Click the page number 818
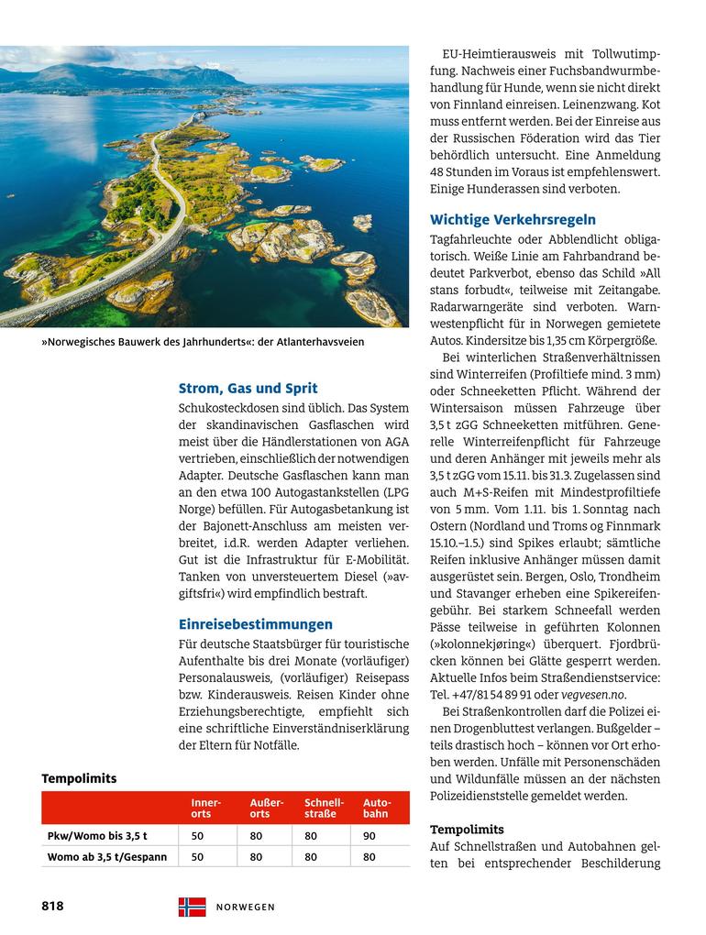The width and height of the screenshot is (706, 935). pyautogui.click(x=52, y=906)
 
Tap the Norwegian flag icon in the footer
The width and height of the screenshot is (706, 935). pyautogui.click(x=192, y=907)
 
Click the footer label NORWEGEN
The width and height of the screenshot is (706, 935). pyautogui.click(x=246, y=907)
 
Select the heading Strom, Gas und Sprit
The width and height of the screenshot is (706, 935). pyautogui.click(x=248, y=388)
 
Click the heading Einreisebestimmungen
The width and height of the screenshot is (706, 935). pyautogui.click(x=255, y=624)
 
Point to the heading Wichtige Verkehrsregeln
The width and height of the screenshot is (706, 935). pyautogui.click(x=513, y=219)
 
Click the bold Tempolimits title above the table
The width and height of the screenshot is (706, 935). pyautogui.click(x=79, y=778)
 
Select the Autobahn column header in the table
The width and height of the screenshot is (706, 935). pyautogui.click(x=377, y=808)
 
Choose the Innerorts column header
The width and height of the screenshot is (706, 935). pyautogui.click(x=206, y=808)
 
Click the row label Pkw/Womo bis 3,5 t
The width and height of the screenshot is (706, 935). pyautogui.click(x=97, y=836)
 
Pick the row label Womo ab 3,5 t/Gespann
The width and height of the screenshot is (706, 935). pyautogui.click(x=107, y=857)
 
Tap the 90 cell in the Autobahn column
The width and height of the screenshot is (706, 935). pyautogui.click(x=369, y=836)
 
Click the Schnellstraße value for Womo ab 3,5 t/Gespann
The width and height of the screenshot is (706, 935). pyautogui.click(x=311, y=857)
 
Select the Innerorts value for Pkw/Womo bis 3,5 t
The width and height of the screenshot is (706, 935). pyautogui.click(x=197, y=836)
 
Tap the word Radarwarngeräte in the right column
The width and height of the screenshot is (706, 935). pyautogui.click(x=477, y=307)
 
